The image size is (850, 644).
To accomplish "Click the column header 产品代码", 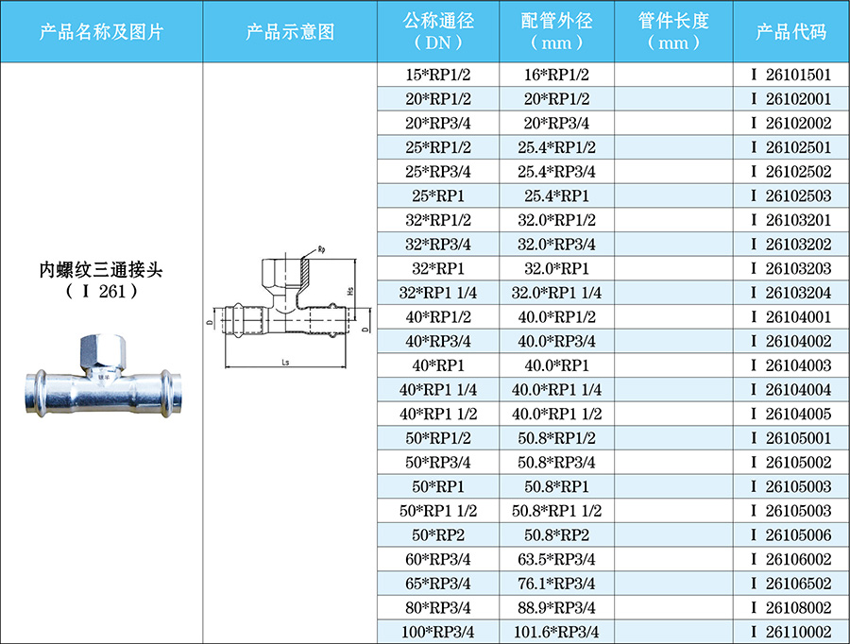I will coord(790,31).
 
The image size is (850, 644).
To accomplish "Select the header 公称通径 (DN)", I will coord(437,31).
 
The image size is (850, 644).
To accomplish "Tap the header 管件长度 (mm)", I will coord(673,31).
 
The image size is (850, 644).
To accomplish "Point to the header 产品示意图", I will coord(290,31).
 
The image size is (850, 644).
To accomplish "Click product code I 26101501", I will coord(790,75).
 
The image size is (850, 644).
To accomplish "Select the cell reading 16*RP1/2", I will coord(556,75).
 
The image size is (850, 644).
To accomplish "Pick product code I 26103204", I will coord(790,293).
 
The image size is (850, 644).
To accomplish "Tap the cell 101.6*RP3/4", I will coord(556,632).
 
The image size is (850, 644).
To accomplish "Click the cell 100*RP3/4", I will coord(437,632).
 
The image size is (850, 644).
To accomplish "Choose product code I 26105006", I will coord(790,534).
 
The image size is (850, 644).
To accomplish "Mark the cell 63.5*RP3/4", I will coord(556,559).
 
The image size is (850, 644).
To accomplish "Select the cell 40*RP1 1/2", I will coord(437,414).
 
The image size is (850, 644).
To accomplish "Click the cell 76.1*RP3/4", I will coord(556,584).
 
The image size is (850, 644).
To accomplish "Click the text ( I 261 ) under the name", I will coord(101,292).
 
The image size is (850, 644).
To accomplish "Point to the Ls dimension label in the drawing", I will coord(283,361).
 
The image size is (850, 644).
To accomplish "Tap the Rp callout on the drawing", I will coord(321,249).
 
